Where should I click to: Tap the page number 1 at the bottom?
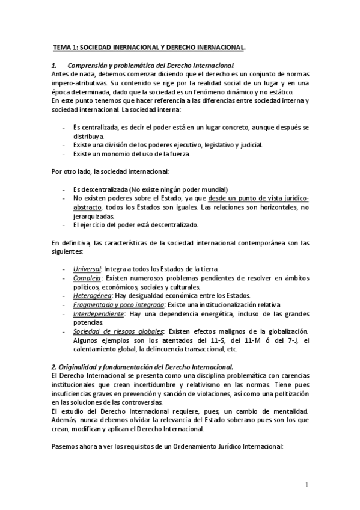[x=307, y=485]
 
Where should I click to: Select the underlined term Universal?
[x=87, y=268]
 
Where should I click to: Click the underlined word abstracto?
[x=87, y=207]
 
